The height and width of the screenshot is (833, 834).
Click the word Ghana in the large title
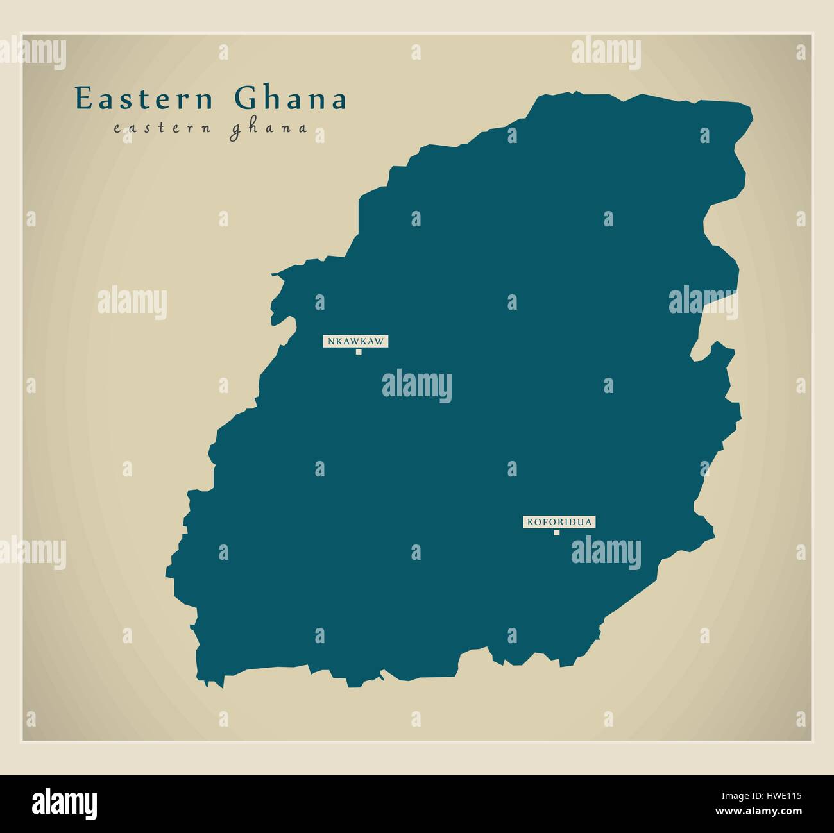(x=291, y=99)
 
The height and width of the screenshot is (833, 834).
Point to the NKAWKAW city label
(x=355, y=341)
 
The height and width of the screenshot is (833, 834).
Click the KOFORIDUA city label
(x=559, y=522)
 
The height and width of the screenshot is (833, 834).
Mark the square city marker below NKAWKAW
(x=359, y=351)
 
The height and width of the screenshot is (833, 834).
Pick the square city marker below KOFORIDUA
(x=557, y=532)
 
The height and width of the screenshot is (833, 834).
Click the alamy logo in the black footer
(x=65, y=802)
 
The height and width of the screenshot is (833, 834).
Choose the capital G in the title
(x=244, y=99)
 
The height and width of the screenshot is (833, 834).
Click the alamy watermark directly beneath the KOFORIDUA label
(x=606, y=550)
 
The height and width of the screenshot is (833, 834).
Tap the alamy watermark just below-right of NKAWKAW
(x=417, y=387)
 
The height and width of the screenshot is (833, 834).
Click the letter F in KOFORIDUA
(x=543, y=522)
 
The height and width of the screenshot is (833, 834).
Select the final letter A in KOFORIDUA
(x=587, y=522)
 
